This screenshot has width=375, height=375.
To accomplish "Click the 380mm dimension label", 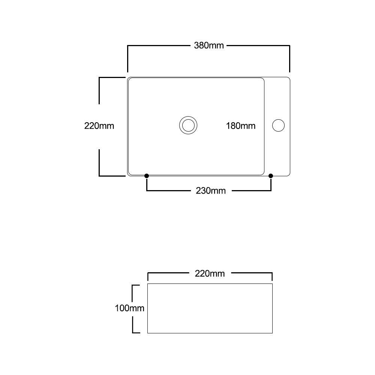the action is pos(209,45).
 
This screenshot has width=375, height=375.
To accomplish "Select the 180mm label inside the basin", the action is pos(241,126).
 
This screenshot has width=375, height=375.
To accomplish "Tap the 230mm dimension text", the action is pos(211,191).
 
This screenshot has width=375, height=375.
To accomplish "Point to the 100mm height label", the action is pos(130,308).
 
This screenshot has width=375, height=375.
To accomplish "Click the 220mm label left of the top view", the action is pos(99,126).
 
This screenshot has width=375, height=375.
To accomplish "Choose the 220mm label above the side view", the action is pos(210,274).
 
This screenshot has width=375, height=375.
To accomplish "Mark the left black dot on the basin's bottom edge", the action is pos(147,176).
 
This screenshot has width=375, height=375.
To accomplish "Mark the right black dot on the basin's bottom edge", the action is pos(271,176).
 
